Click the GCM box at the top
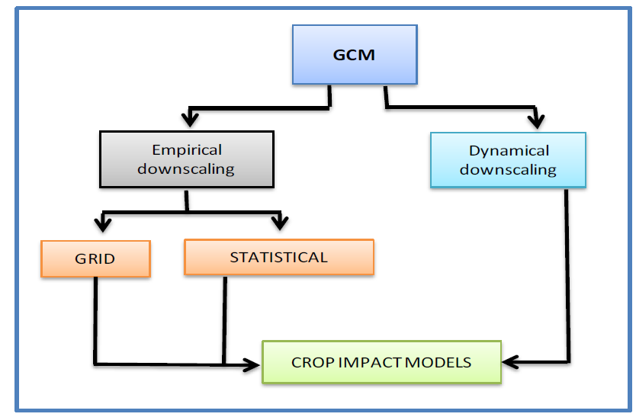[355, 55]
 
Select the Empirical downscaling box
[187, 159]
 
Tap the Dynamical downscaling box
[508, 160]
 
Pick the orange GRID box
[96, 258]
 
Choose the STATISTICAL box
[279, 257]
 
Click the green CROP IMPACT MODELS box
[382, 362]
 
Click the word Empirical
[187, 150]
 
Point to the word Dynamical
[509, 151]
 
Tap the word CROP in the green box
[313, 362]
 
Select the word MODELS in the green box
[438, 362]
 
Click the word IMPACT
[370, 362]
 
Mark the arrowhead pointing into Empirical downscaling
[190, 117]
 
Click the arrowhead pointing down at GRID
[103, 223]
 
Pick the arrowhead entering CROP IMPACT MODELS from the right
[510, 362]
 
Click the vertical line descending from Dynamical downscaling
[568, 275]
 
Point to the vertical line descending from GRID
[96, 320]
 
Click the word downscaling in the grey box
[186, 168]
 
